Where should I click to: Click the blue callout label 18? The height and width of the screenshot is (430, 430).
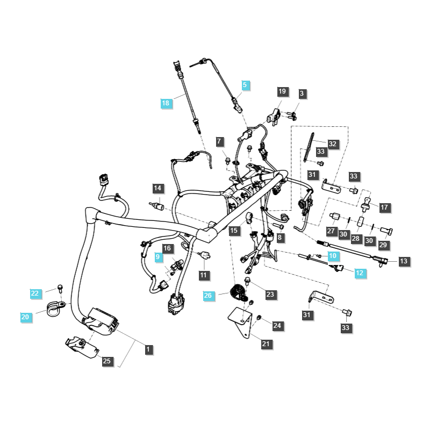coord(166,103)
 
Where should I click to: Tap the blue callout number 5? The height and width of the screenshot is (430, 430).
coord(245,85)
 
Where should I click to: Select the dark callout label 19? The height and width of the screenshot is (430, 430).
coord(282,91)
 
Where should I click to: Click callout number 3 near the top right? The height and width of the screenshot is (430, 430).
coord(302,94)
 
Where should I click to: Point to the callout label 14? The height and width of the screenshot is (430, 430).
coord(157,188)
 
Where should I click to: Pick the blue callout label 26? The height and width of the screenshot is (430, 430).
coord(208,295)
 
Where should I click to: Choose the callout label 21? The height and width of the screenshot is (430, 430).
coord(266,344)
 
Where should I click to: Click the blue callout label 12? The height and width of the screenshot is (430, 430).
coord(360,273)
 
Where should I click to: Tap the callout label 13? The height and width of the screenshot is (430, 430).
coord(404,261)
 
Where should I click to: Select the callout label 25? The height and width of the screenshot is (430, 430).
coord(106,361)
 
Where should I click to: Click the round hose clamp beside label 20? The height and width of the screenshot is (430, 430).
coord(56,308)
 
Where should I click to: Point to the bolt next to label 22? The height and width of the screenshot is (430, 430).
coord(60,289)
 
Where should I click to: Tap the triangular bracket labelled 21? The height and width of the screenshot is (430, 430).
coord(241,321)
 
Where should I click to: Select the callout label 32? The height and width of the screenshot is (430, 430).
coord(332,144)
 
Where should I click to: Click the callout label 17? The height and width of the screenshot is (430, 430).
coord(384,207)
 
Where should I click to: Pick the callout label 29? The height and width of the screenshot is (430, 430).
coord(383,245)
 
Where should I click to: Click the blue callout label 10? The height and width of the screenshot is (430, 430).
coord(333,256)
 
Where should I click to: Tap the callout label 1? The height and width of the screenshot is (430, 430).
coord(148,349)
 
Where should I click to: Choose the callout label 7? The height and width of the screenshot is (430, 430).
coord(219,141)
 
